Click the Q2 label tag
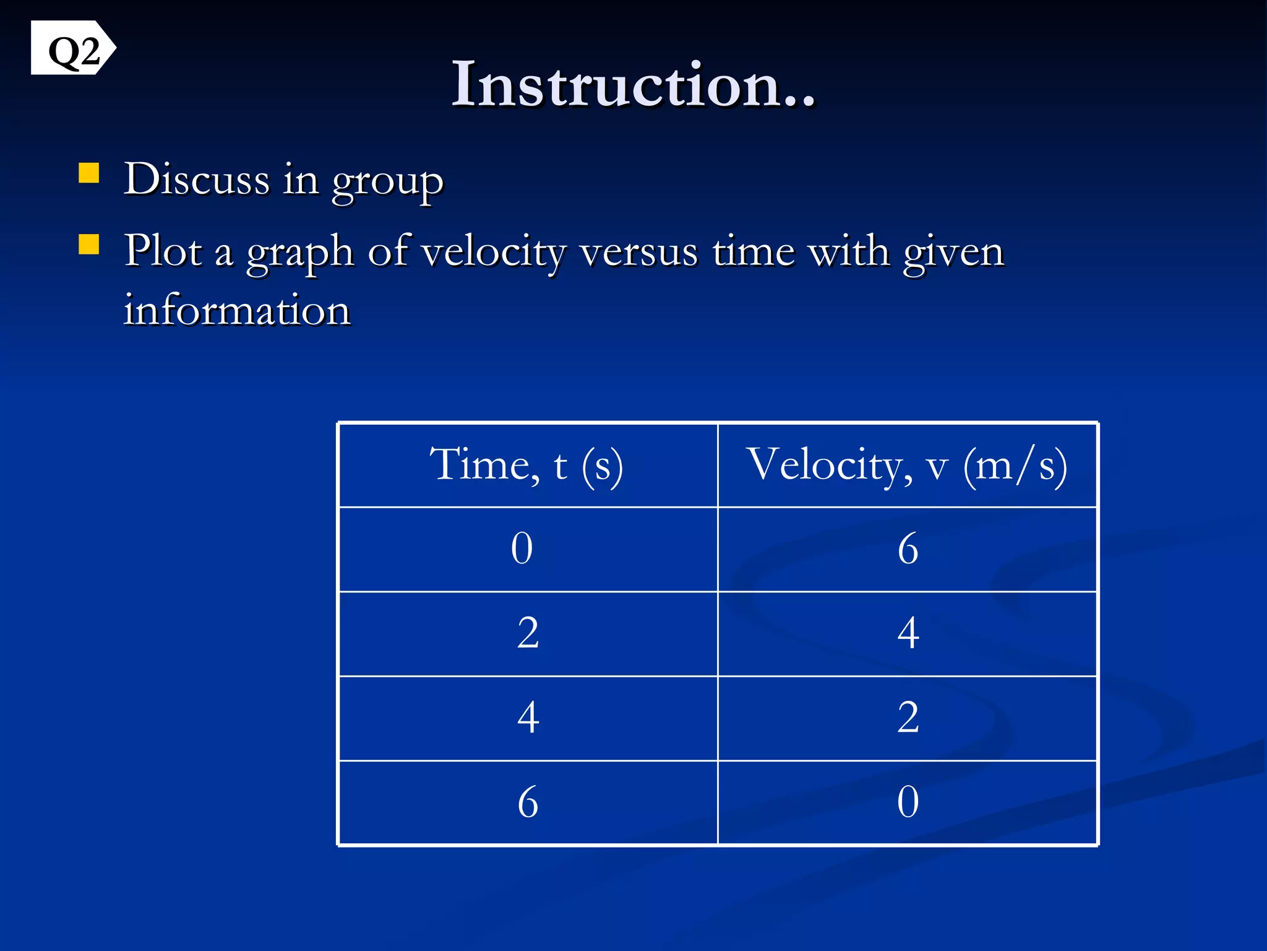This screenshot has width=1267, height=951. pos(72,49)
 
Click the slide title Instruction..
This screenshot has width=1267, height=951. pos(633,84)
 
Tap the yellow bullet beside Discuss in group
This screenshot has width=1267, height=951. pos(89,174)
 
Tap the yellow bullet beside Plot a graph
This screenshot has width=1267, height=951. pos(89,245)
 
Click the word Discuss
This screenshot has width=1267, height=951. pos(196,180)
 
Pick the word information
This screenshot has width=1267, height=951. pos(237,310)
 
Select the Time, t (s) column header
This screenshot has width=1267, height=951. pos(527,465)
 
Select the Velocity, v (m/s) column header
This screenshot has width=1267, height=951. pos(906,465)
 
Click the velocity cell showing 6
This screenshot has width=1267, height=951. pos(908,549)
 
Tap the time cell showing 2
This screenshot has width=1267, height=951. pos(528,633)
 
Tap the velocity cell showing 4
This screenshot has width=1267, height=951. pos(908,633)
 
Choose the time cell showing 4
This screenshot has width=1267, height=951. pos(528,718)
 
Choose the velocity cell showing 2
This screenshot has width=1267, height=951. pos(908,718)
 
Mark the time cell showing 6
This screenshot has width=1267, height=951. pos(528,802)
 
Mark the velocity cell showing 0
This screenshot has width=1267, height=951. pos(908,802)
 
